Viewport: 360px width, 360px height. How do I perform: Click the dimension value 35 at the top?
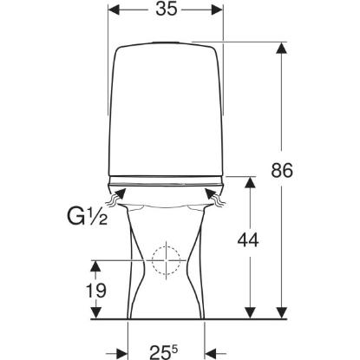167,10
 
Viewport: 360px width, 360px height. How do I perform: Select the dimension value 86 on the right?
282,170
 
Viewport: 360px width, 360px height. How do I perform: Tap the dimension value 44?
248,240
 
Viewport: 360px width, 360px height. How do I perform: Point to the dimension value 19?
96,291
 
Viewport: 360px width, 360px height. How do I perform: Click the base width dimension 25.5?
164,350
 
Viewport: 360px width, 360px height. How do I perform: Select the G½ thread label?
88,217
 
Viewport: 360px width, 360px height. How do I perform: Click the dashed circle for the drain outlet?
166,260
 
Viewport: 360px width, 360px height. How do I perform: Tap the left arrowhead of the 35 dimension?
114,10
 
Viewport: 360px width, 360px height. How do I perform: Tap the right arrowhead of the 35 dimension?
217,10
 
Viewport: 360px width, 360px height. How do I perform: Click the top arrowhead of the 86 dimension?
281,48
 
